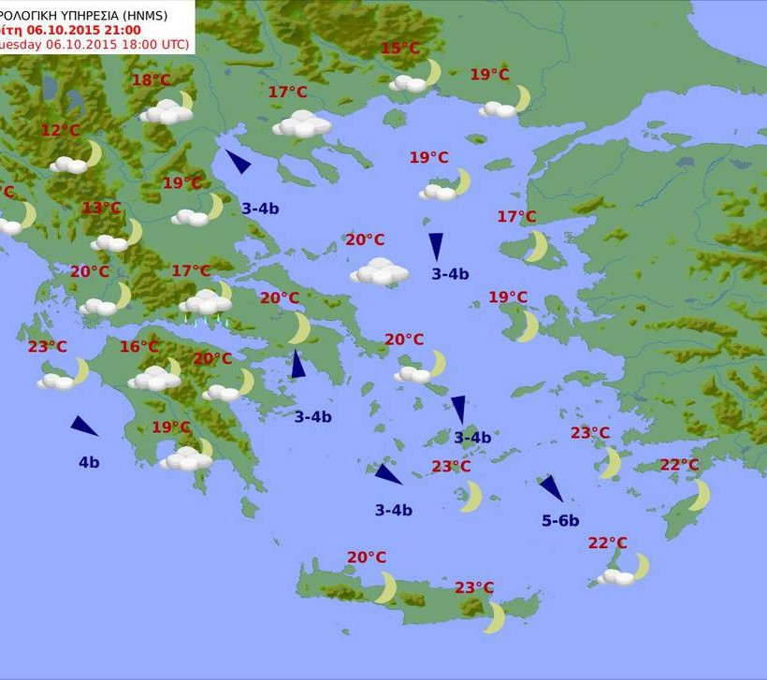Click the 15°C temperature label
(400, 49)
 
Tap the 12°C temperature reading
(61, 130)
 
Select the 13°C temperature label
(102, 208)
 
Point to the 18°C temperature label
(151, 80)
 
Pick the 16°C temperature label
(139, 347)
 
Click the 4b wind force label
(89, 461)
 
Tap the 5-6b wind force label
(560, 520)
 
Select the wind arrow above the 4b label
(84, 427)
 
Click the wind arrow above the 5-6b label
(551, 487)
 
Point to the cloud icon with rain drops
(206, 304)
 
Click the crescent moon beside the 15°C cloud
(433, 72)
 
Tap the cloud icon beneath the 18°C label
(166, 112)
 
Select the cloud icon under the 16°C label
(153, 379)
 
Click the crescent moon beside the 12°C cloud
(93, 152)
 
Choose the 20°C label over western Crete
(367, 557)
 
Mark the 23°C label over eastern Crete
(474, 587)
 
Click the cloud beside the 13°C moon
(110, 243)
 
